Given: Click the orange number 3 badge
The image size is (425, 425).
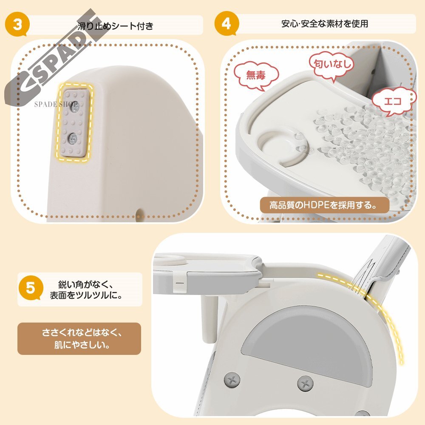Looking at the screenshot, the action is [17, 25].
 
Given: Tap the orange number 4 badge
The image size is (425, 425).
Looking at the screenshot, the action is [227, 23].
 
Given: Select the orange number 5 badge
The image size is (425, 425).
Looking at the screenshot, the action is [30, 288].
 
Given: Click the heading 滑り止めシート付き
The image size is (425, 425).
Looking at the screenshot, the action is [116, 26].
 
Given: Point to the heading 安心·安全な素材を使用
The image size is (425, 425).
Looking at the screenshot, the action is [325, 24].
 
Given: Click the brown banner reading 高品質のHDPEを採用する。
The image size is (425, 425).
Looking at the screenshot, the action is [324, 205].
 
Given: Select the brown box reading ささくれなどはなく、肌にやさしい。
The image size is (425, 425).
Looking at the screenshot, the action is [79, 339].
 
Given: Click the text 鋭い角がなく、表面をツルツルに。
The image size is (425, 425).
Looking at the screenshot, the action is [86, 290].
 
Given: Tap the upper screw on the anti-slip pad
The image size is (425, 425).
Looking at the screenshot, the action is [74, 108].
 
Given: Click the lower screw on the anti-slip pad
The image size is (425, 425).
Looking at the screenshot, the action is [73, 139].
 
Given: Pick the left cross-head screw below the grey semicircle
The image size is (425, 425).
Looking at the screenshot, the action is [232, 380].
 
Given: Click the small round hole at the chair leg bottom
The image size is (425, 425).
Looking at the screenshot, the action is [140, 212].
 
